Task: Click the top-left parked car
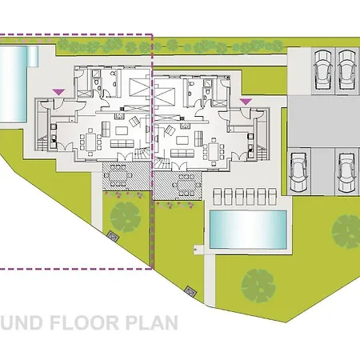pyautogui.click(x=324, y=70)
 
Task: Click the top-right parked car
pyautogui.click(x=348, y=70)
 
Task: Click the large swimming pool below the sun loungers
pyautogui.click(x=248, y=229)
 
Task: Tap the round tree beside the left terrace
pyautogui.click(x=125, y=214)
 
